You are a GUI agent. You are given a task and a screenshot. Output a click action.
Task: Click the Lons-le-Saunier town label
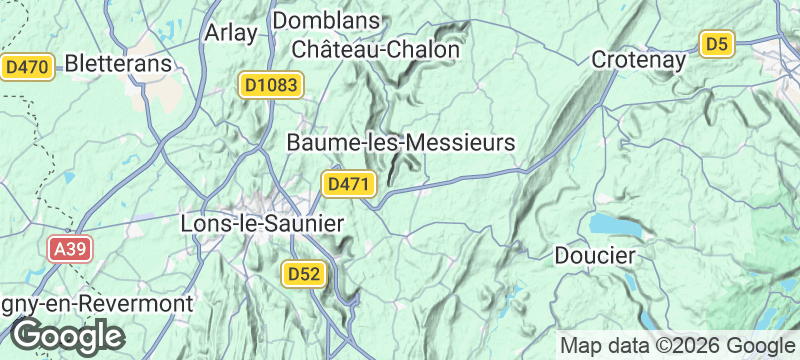261,223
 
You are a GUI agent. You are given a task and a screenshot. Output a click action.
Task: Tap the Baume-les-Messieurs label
400,143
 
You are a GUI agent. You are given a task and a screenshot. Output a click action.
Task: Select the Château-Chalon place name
376,49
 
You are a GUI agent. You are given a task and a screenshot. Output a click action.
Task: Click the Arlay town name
229,32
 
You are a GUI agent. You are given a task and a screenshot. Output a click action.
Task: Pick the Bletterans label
119,63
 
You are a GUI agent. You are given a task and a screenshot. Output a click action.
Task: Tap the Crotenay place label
639,59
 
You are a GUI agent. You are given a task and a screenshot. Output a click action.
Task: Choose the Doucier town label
595,256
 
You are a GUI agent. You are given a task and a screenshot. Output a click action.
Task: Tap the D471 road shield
349,184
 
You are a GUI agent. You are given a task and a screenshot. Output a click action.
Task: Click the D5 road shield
717,44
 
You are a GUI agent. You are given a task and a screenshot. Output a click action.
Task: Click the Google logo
67,336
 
